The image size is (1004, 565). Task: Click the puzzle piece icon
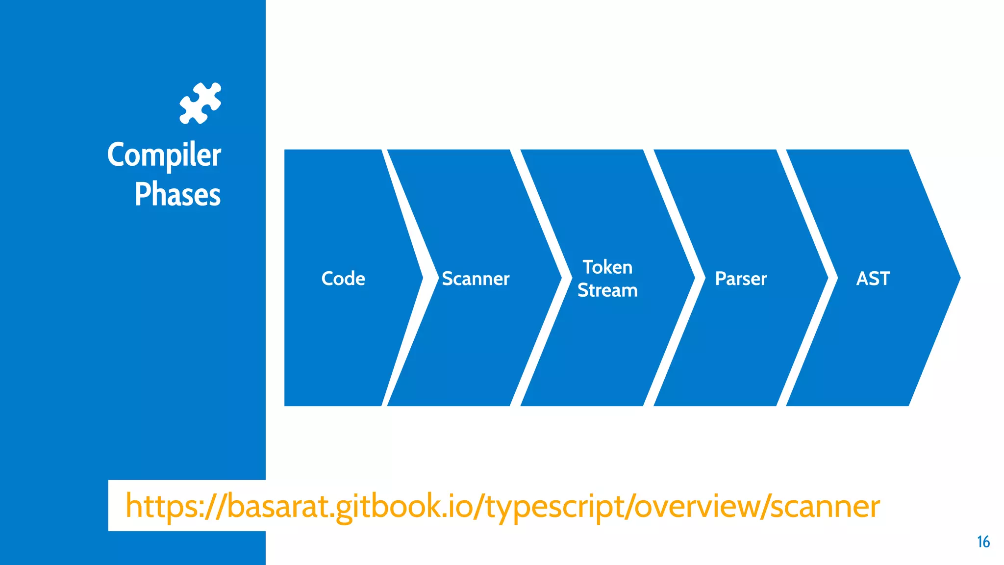pyautogui.click(x=200, y=103)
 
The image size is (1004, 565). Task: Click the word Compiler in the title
pyautogui.click(x=164, y=155)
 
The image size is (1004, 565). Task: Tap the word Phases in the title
pyautogui.click(x=177, y=194)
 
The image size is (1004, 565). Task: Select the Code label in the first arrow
pyautogui.click(x=343, y=279)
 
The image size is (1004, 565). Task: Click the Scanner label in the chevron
pyautogui.click(x=476, y=279)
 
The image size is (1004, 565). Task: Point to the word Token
pyautogui.click(x=607, y=267)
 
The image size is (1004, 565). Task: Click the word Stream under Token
pyautogui.click(x=607, y=290)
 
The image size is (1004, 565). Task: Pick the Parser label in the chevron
pyautogui.click(x=741, y=279)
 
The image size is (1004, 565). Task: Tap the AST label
pyautogui.click(x=873, y=279)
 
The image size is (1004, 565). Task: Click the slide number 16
pyautogui.click(x=983, y=542)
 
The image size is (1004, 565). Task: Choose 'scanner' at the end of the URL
pyautogui.click(x=825, y=506)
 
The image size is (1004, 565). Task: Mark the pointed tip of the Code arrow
pyautogui.click(x=421, y=278)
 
